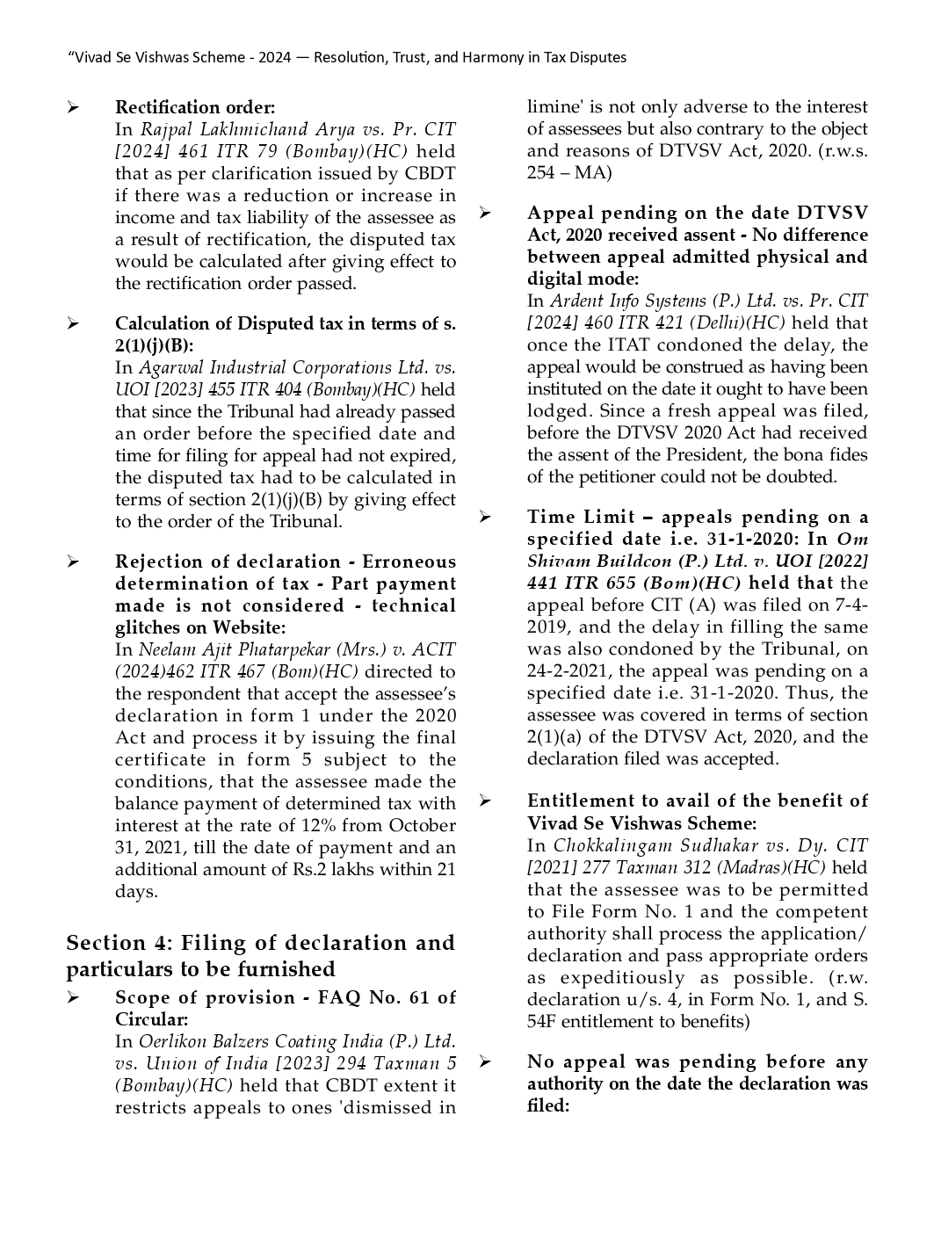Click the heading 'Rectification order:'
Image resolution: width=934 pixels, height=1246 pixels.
point(195,107)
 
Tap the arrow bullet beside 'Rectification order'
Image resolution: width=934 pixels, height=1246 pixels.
point(73,108)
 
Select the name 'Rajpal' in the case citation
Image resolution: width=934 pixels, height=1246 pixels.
point(166,129)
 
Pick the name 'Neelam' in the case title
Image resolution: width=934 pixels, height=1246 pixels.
point(165,649)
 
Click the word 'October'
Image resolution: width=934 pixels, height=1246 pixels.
point(422,825)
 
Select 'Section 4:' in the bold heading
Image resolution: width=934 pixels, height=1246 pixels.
point(119,943)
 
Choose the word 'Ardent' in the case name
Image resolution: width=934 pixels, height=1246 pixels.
point(576,301)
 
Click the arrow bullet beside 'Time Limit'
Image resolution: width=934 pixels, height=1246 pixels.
point(484,517)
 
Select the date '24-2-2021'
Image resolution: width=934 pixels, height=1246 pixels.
point(568,670)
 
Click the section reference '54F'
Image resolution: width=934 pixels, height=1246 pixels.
point(542,1021)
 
